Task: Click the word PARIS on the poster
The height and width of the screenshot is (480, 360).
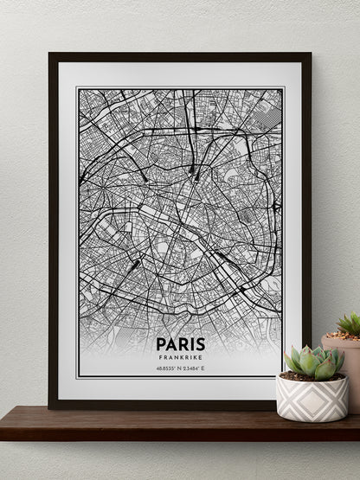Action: [180, 344]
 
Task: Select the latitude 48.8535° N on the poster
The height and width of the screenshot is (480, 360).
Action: [168, 368]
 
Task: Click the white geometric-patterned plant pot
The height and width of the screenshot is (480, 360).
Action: [312, 398]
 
